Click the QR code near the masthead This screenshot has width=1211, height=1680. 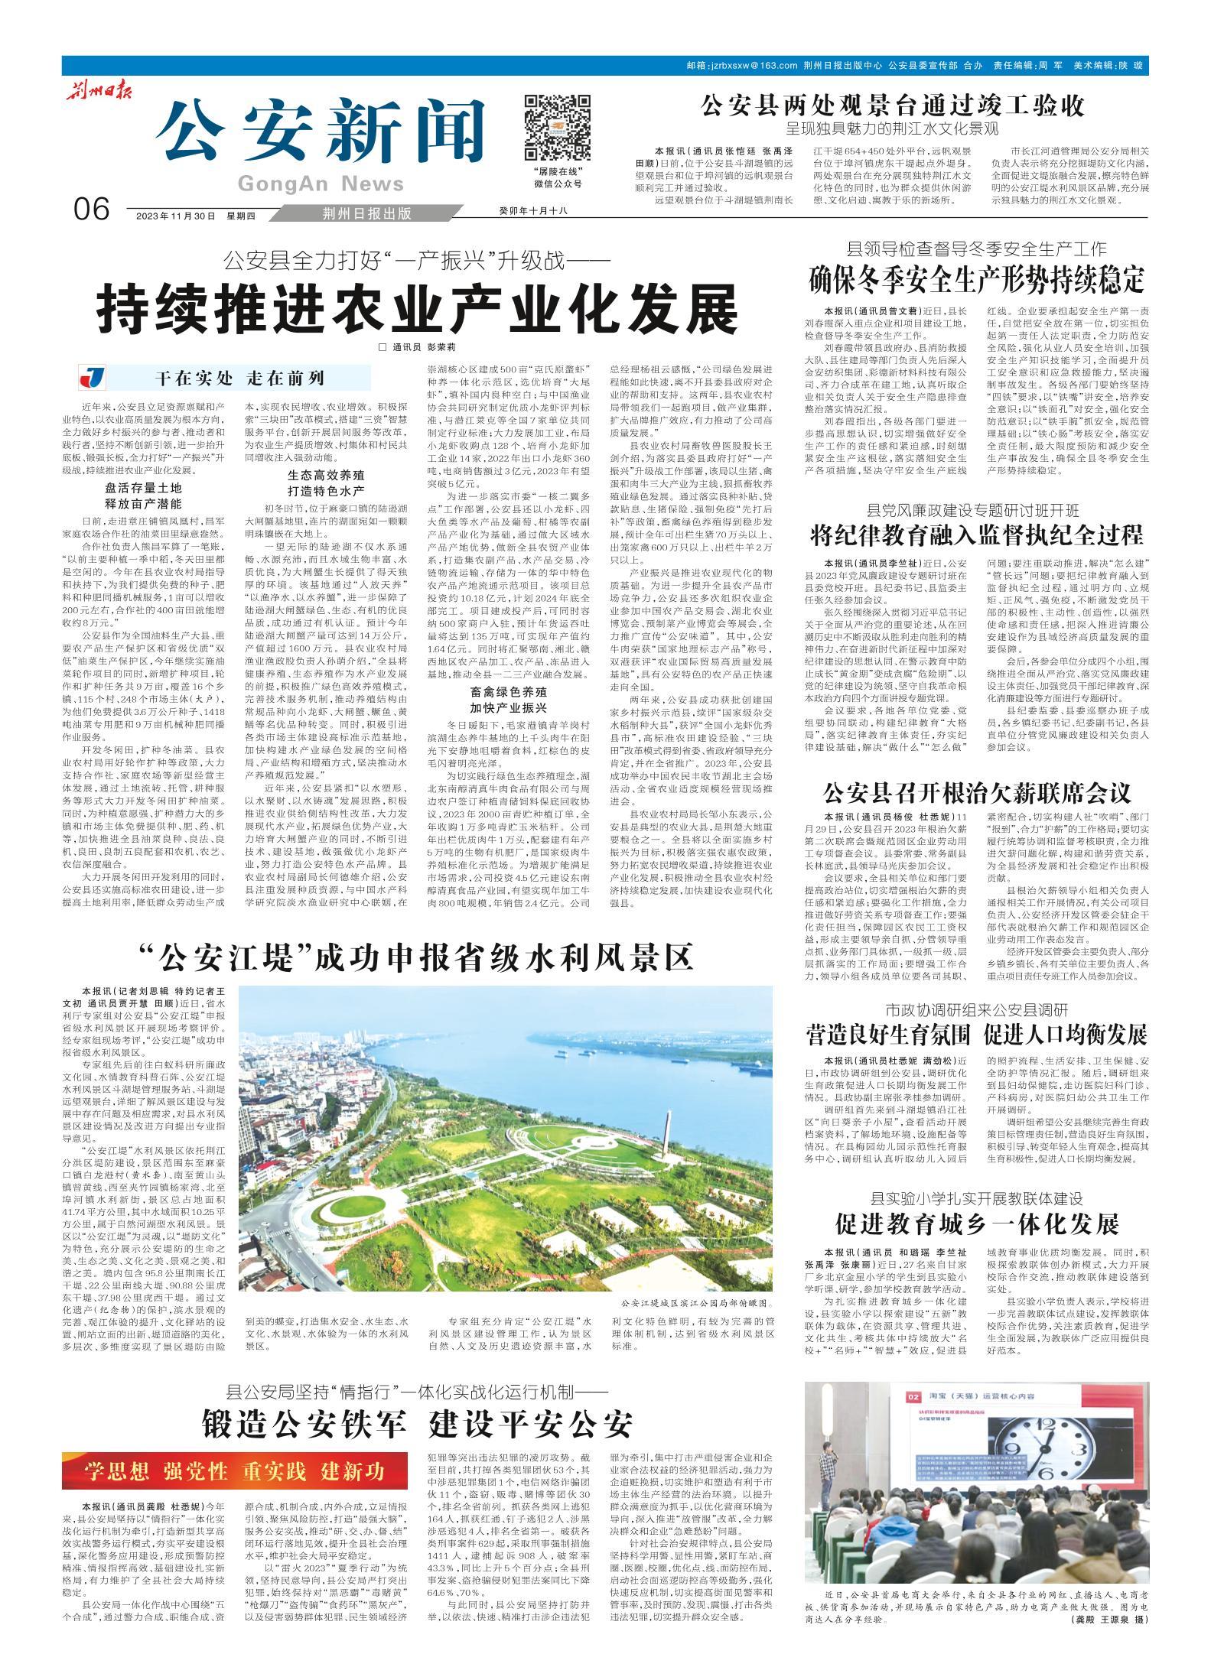[557, 128]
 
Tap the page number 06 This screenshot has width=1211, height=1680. [91, 209]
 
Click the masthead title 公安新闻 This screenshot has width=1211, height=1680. [321, 128]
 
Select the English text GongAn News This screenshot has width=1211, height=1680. [321, 184]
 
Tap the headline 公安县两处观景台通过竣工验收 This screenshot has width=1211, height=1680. [893, 105]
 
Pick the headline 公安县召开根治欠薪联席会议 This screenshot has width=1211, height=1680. [976, 791]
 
